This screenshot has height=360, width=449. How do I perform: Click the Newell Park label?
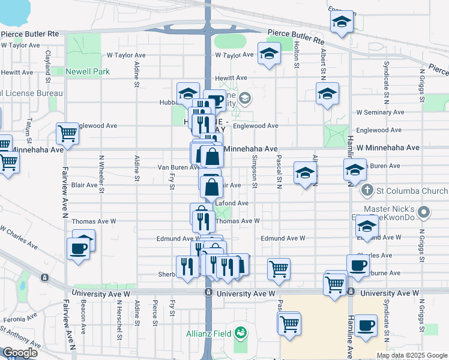85,71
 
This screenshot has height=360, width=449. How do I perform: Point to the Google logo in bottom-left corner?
20,353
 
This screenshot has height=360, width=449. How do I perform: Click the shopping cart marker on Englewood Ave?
67,133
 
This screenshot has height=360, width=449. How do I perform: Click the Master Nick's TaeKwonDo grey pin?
424,212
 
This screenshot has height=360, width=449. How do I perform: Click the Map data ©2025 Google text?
411,355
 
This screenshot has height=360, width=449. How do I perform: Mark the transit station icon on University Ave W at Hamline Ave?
349,292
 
